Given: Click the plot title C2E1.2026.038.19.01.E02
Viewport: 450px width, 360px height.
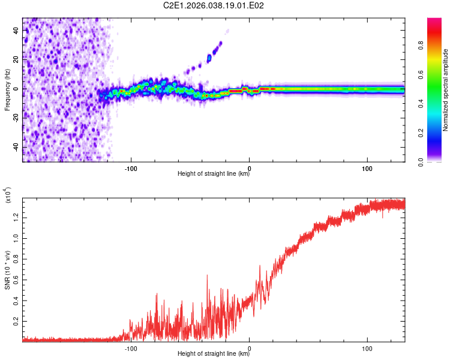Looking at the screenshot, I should click(x=214, y=5).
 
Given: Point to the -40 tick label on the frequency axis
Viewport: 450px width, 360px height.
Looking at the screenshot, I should click(x=16, y=147).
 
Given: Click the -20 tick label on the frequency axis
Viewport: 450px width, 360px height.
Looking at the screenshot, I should click(x=16, y=118).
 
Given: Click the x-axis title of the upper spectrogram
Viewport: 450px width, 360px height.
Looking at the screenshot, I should click(x=214, y=174).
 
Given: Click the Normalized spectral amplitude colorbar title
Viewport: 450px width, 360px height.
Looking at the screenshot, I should click(x=446, y=90).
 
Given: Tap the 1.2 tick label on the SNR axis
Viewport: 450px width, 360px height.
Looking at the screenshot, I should click(x=16, y=216).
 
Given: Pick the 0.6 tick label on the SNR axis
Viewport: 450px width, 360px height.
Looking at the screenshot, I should click(x=16, y=279).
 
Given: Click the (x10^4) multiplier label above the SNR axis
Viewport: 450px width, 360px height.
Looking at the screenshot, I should click(x=8, y=197).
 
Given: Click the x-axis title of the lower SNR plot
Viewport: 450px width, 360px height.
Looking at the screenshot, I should click(x=214, y=354).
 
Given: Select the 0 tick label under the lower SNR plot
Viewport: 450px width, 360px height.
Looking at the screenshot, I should click(x=249, y=347).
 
